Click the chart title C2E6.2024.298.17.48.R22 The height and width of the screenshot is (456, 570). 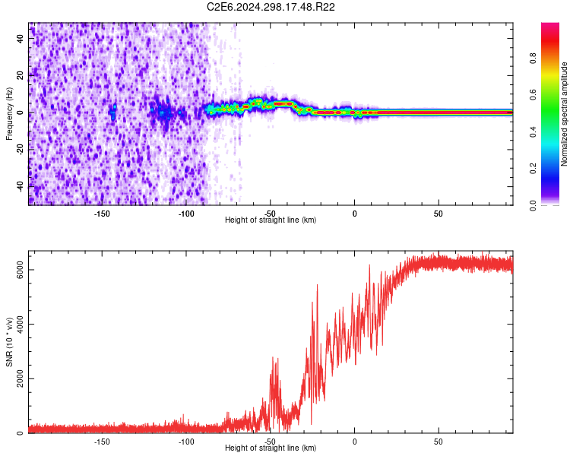pyautogui.click(x=271, y=7)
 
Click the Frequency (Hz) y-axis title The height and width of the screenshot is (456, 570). pyautogui.click(x=10, y=113)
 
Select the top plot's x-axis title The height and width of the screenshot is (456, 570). pyautogui.click(x=271, y=220)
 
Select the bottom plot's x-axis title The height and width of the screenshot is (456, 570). pyautogui.click(x=271, y=448)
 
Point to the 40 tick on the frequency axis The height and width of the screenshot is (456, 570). pyautogui.click(x=21, y=40)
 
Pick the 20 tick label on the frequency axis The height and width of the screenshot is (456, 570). pyautogui.click(x=21, y=76)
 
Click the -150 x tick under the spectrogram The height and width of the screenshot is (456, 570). pyautogui.click(x=103, y=213)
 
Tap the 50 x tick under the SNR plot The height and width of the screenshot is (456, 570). pyautogui.click(x=438, y=441)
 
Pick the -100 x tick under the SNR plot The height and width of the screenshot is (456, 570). pyautogui.click(x=186, y=441)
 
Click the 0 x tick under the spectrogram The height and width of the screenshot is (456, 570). pyautogui.click(x=354, y=213)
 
